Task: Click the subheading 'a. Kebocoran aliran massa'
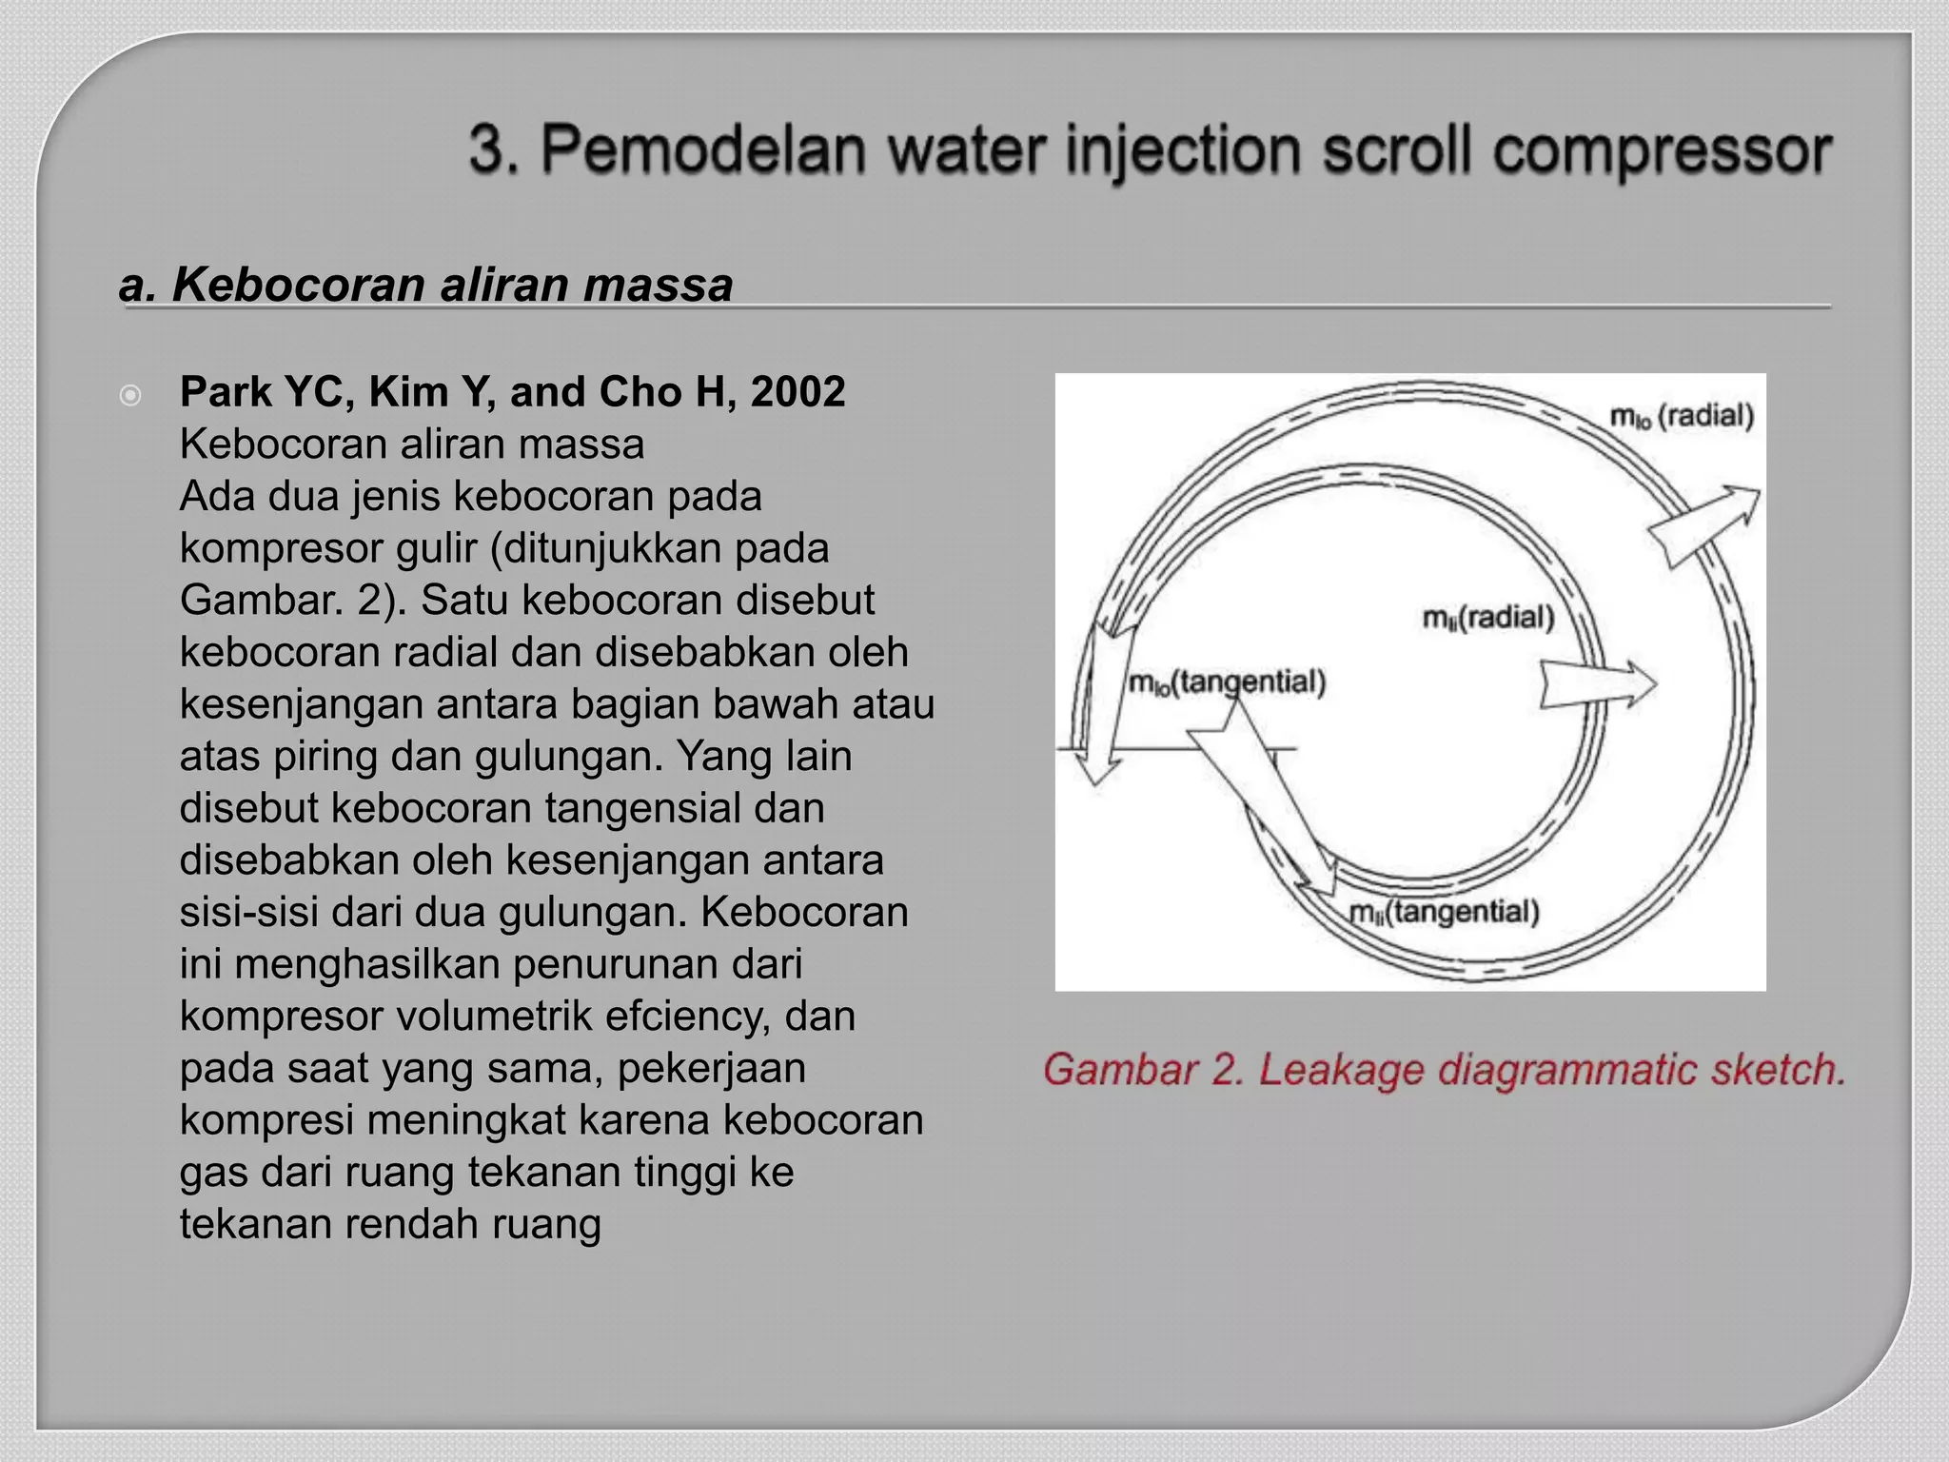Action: [425, 285]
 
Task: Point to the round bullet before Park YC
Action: [131, 394]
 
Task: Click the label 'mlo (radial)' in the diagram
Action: [1682, 416]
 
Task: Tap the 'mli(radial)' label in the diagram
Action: [1487, 619]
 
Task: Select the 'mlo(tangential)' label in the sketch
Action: [1226, 682]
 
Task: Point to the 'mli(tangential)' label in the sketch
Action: [1444, 912]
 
